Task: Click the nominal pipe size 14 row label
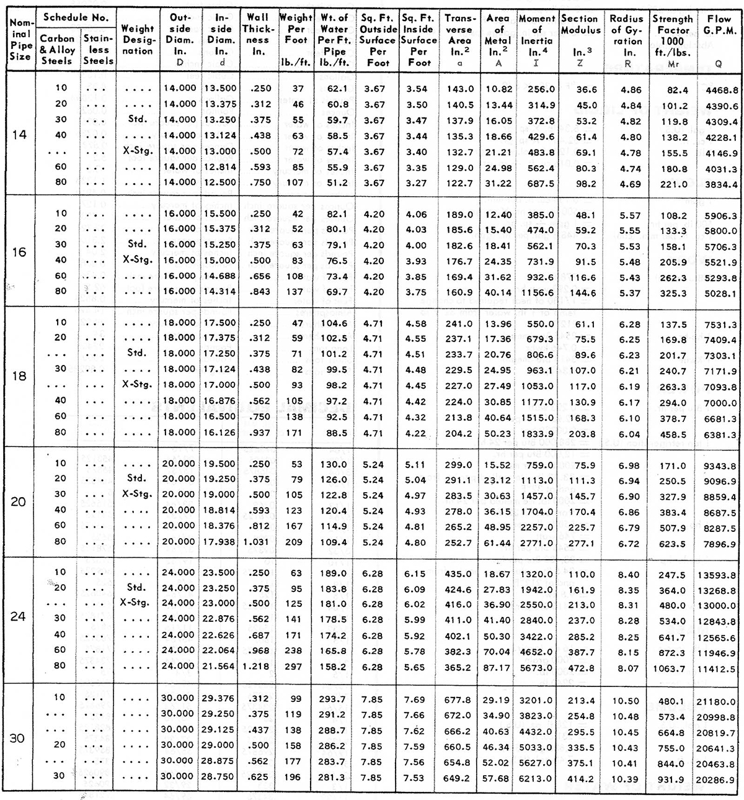(20, 135)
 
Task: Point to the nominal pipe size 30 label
(19, 739)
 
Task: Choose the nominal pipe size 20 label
(19, 502)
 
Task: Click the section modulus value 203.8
(582, 433)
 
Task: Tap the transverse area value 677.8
(459, 700)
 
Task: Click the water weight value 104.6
(334, 323)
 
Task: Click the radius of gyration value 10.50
(626, 700)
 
